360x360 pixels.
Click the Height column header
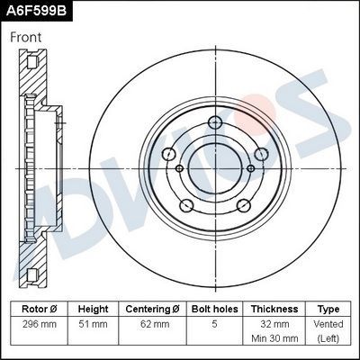point(93,309)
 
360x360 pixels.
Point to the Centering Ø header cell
point(152,309)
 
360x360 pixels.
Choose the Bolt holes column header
point(213,309)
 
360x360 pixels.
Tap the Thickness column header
point(274,309)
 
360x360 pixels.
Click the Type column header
point(328,309)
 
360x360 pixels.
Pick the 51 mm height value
point(93,323)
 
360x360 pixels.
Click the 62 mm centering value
point(152,323)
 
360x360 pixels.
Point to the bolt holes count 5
point(213,323)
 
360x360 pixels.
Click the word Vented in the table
point(328,323)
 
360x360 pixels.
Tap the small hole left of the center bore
point(179,167)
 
